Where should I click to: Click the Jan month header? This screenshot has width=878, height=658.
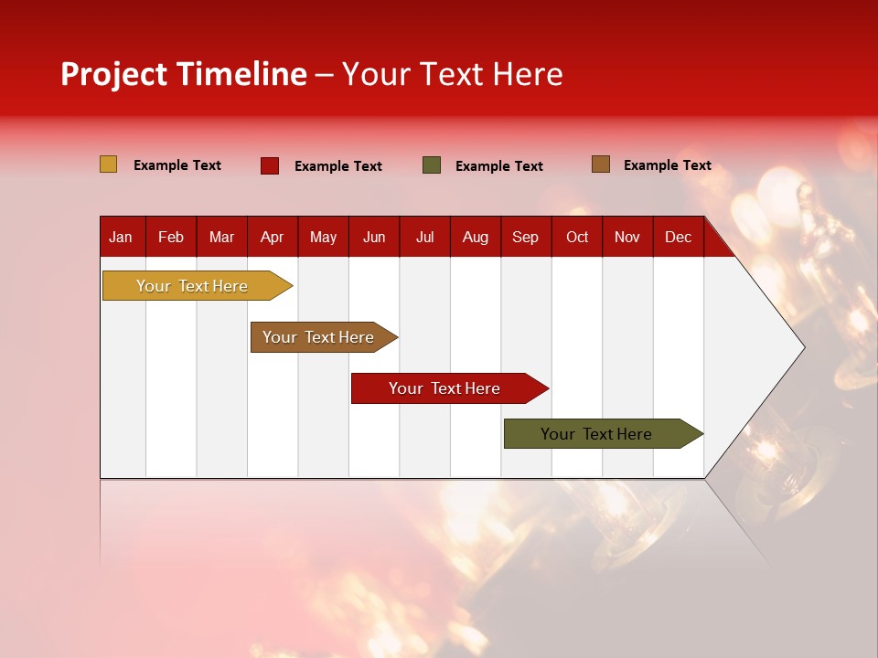click(121, 238)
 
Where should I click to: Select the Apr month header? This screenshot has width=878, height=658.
click(272, 238)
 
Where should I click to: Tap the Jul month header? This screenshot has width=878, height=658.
click(424, 238)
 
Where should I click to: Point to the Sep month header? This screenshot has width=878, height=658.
click(525, 238)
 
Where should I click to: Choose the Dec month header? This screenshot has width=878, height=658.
click(678, 238)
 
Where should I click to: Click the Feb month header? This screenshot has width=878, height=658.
click(171, 238)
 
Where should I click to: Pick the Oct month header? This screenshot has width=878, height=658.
click(577, 238)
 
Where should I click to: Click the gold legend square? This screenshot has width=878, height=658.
click(109, 164)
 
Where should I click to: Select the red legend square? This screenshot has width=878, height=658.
click(270, 165)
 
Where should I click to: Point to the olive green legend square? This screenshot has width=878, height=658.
click(432, 165)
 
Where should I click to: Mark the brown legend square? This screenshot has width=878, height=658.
click(601, 164)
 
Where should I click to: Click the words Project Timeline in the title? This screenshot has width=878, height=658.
click(184, 74)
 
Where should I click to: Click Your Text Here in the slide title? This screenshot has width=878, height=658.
click(453, 74)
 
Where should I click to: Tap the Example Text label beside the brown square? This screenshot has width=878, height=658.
click(667, 165)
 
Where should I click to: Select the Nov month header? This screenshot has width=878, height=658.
click(627, 238)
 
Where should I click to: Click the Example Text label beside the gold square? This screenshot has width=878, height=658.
click(177, 165)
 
